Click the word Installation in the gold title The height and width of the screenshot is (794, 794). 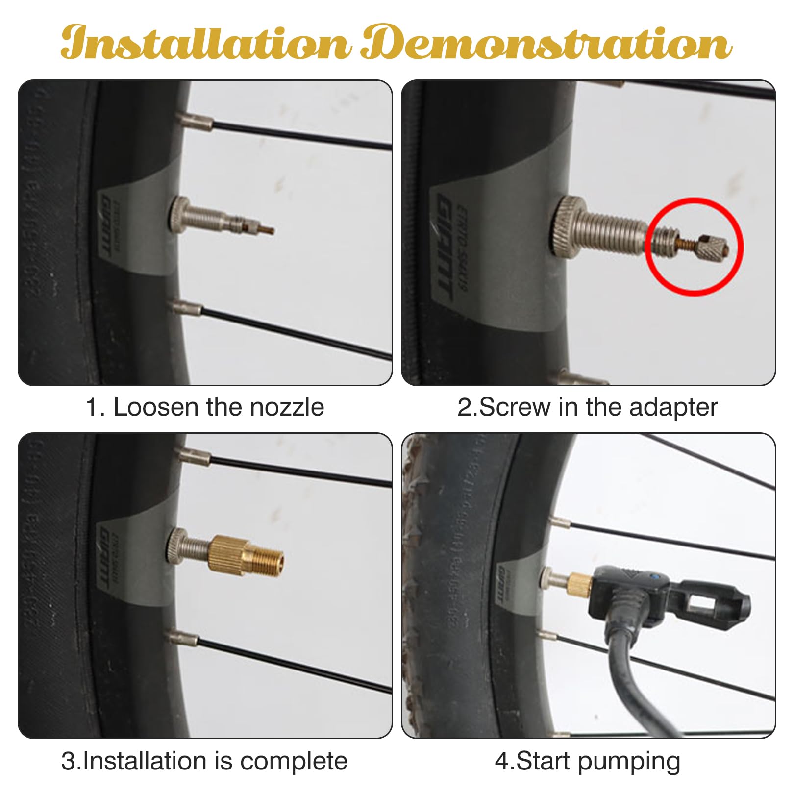click(x=206, y=43)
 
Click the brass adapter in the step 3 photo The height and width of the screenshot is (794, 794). click(x=245, y=556)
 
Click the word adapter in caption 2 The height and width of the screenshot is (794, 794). click(x=673, y=407)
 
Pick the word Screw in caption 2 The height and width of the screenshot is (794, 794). click(x=515, y=407)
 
